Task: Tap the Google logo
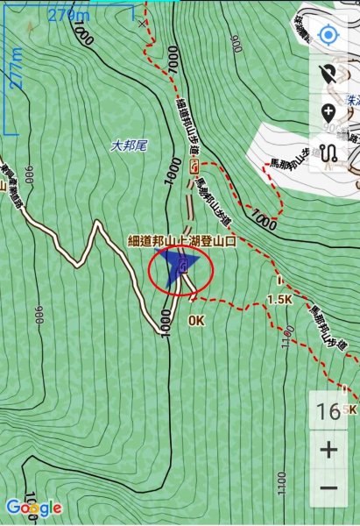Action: coord(33,507)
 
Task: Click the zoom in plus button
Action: coord(329,450)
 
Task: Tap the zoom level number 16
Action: coord(329,412)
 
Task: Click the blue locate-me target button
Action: coord(328,36)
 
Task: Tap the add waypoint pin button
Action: coord(329,112)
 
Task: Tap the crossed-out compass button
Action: coord(329,75)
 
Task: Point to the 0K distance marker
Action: coord(196,321)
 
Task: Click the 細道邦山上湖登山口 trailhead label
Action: coord(182,239)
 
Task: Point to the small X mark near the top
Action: coord(143,24)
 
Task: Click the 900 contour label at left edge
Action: coord(39,311)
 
